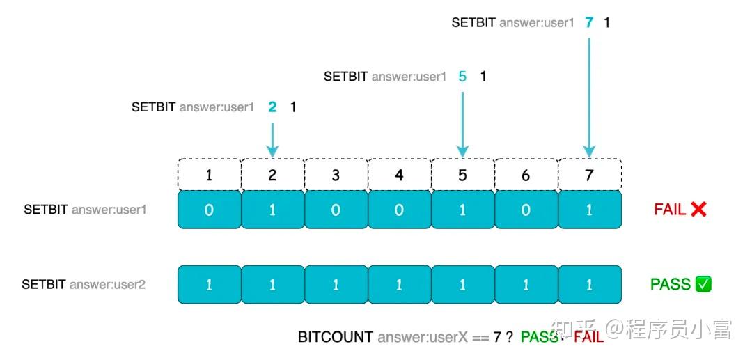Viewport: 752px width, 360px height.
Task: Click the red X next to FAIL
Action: click(x=698, y=209)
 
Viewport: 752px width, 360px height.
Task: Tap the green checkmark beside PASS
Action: click(x=703, y=284)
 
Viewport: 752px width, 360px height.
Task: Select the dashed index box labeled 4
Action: click(x=399, y=175)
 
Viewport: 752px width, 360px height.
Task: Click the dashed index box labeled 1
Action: click(x=210, y=175)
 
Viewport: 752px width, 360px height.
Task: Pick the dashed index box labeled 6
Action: click(x=526, y=175)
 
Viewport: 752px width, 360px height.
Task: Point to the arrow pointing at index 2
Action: click(x=272, y=139)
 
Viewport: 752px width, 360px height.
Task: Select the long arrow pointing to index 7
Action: click(x=589, y=97)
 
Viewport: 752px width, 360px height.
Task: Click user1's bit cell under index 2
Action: click(x=272, y=210)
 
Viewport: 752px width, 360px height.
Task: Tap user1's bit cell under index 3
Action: click(x=336, y=210)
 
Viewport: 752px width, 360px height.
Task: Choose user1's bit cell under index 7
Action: click(x=589, y=210)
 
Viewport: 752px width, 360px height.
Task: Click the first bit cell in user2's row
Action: click(x=210, y=285)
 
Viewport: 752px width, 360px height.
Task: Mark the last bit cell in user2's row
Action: click(x=589, y=285)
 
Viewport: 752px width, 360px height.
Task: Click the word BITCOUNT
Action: click(x=336, y=337)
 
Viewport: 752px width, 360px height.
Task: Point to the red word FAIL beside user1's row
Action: click(x=670, y=209)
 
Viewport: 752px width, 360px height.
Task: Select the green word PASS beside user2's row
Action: click(x=670, y=284)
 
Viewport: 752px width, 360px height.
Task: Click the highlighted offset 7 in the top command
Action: click(x=589, y=22)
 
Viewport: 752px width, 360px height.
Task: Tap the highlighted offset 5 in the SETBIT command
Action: click(x=462, y=77)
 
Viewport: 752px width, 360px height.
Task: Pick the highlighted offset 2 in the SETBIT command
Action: click(x=272, y=107)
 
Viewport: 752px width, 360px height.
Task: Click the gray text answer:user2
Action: click(x=107, y=285)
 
